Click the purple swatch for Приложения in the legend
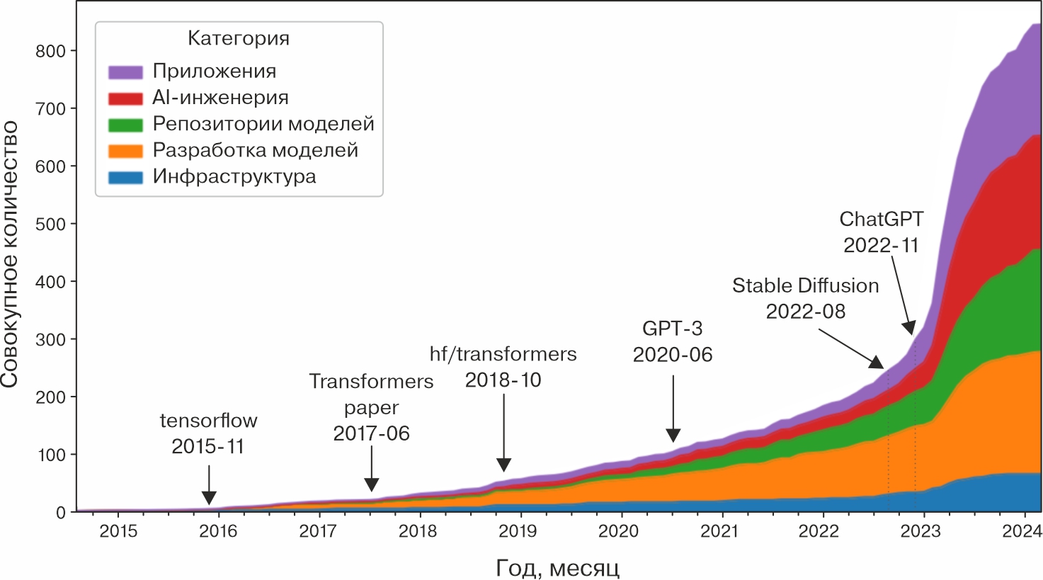pos(125,72)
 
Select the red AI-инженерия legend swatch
pos(125,98)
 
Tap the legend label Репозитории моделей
pos(263,124)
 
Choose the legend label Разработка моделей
pos(255,150)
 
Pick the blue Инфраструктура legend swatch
pos(125,177)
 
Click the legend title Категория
pos(239,38)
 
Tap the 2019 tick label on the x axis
pos(519,532)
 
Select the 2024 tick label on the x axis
pos(1022,532)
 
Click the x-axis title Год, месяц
pos(557,568)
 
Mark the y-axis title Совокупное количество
pos(10,255)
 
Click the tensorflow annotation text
pos(208,421)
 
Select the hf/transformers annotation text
pos(503,354)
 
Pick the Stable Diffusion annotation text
pos(805,286)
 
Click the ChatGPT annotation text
pos(881,220)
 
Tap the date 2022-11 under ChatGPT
pos(881,246)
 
